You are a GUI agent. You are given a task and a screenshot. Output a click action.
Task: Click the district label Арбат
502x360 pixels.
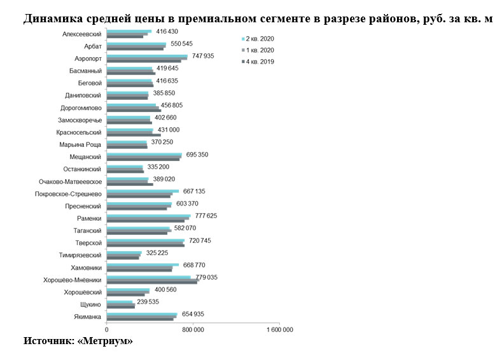[93, 46]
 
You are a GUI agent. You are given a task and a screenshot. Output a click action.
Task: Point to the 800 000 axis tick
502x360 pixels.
[193, 330]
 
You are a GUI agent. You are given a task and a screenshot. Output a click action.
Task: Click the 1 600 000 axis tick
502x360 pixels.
[279, 330]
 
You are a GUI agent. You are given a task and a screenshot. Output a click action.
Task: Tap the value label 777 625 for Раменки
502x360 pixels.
[206, 216]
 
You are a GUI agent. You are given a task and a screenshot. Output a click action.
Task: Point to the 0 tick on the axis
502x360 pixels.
[107, 330]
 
